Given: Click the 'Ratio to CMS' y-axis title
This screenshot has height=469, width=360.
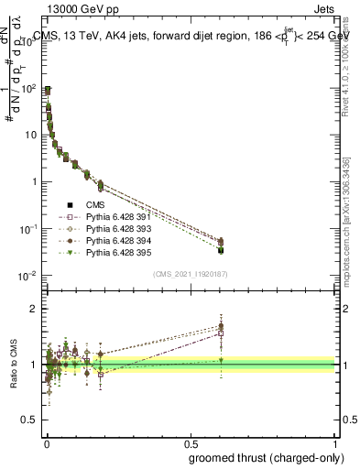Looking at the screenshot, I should point(14,364).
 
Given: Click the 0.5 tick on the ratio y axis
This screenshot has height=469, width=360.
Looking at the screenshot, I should point(34,421).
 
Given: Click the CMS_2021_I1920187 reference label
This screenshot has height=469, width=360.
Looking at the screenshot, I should point(191,273).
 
